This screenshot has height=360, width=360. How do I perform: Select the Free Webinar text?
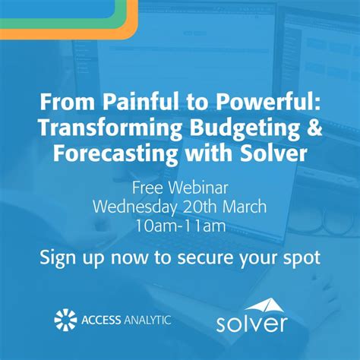(180, 188)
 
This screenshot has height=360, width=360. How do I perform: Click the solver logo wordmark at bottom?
(251, 324)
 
